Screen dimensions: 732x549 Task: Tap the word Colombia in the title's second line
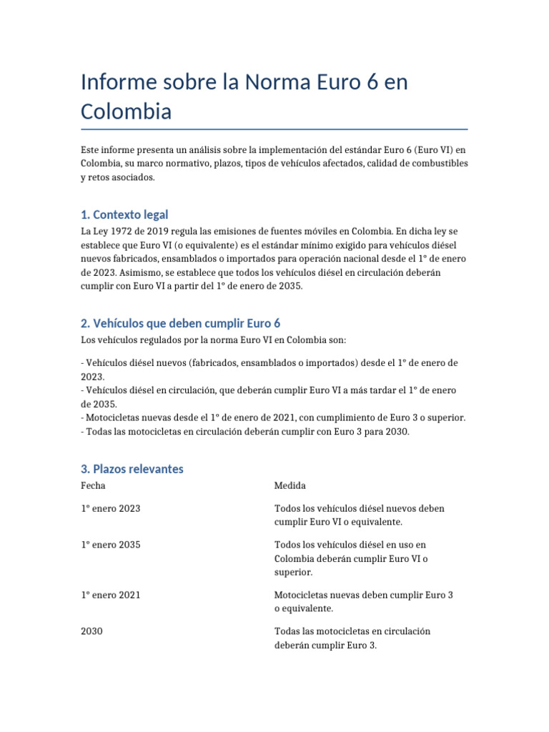[x=127, y=112]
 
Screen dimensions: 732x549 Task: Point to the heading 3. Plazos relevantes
[x=132, y=469]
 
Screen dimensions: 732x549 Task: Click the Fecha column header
[x=93, y=486]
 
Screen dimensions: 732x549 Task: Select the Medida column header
[x=290, y=486]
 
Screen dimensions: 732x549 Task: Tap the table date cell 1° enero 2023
[x=111, y=509]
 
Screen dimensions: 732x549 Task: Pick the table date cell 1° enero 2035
[x=111, y=545]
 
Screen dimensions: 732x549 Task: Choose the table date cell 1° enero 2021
[x=111, y=595]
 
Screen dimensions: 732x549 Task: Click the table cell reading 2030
[x=91, y=632]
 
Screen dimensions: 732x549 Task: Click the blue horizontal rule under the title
[x=274, y=129]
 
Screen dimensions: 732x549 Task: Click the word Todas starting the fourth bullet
[x=100, y=432]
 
